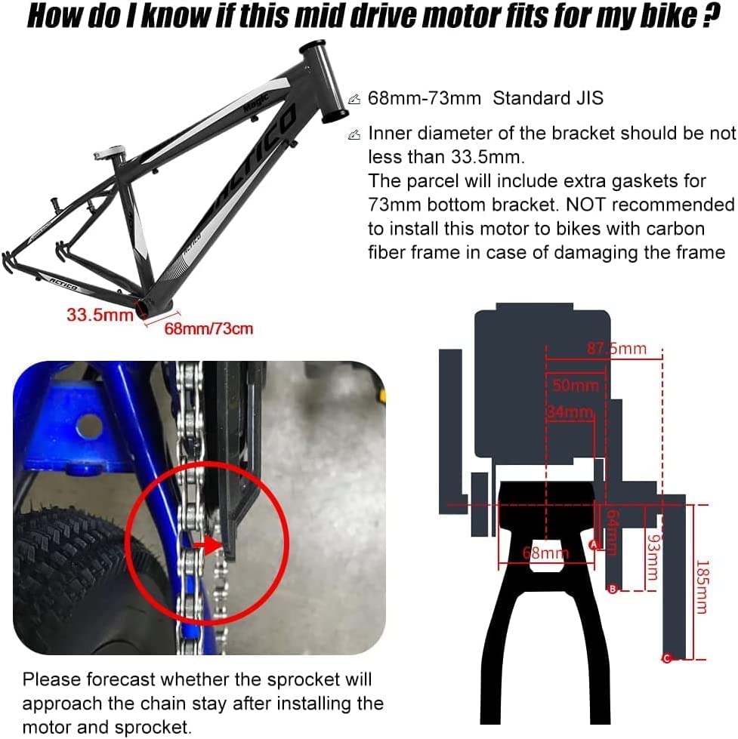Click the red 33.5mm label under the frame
100,314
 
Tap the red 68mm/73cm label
209,328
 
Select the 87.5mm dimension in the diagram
616,348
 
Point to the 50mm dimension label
575,386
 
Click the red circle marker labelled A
593,543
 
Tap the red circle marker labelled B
613,589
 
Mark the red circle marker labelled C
666,658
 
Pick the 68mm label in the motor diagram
545,553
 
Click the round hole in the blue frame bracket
89,425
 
